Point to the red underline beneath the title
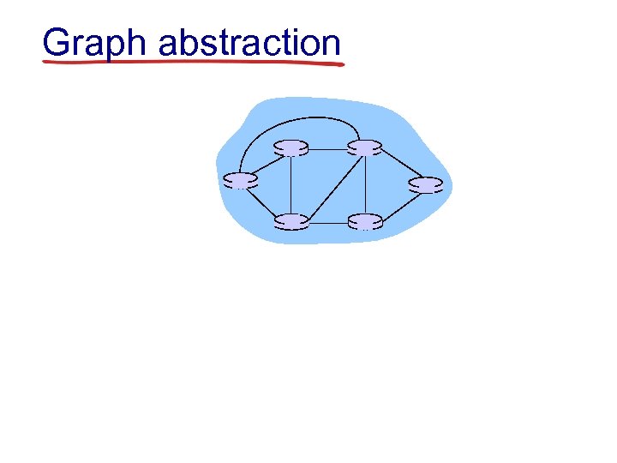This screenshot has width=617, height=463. click(x=193, y=63)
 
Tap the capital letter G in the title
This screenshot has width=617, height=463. click(x=57, y=42)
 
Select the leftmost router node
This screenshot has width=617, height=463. click(x=240, y=180)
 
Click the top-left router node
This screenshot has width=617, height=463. click(x=291, y=147)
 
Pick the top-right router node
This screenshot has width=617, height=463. click(x=365, y=147)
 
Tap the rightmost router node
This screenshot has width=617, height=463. click(x=426, y=184)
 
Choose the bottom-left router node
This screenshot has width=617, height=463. click(x=291, y=221)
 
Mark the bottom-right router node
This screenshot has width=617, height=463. click(x=365, y=221)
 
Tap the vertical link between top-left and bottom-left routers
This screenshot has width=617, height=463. click(x=291, y=184)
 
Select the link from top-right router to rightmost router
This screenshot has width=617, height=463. click(x=396, y=165)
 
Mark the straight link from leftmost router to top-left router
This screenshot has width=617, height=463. click(x=265, y=164)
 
